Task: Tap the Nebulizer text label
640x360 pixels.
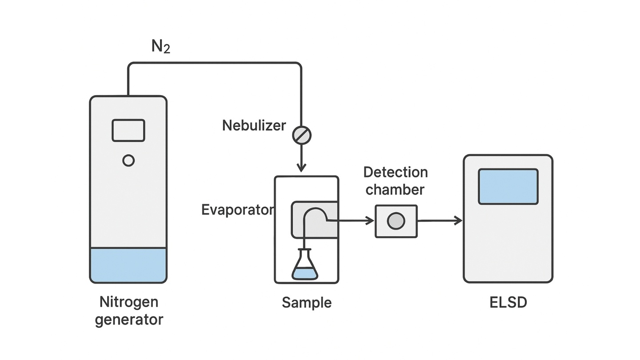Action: (x=254, y=125)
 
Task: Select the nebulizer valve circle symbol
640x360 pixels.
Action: (x=302, y=135)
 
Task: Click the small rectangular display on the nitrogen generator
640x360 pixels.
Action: (x=128, y=130)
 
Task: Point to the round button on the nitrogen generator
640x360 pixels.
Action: (x=128, y=160)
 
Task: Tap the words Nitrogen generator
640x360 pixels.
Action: (x=129, y=311)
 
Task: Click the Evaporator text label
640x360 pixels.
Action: (x=236, y=210)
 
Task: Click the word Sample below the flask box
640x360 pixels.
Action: (x=307, y=303)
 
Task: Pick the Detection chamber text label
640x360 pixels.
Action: (x=395, y=181)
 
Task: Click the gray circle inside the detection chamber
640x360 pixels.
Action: (x=396, y=221)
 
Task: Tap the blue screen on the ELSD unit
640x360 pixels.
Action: (x=508, y=186)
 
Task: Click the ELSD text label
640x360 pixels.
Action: (x=508, y=303)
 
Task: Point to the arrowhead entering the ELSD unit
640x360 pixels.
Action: (x=458, y=220)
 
